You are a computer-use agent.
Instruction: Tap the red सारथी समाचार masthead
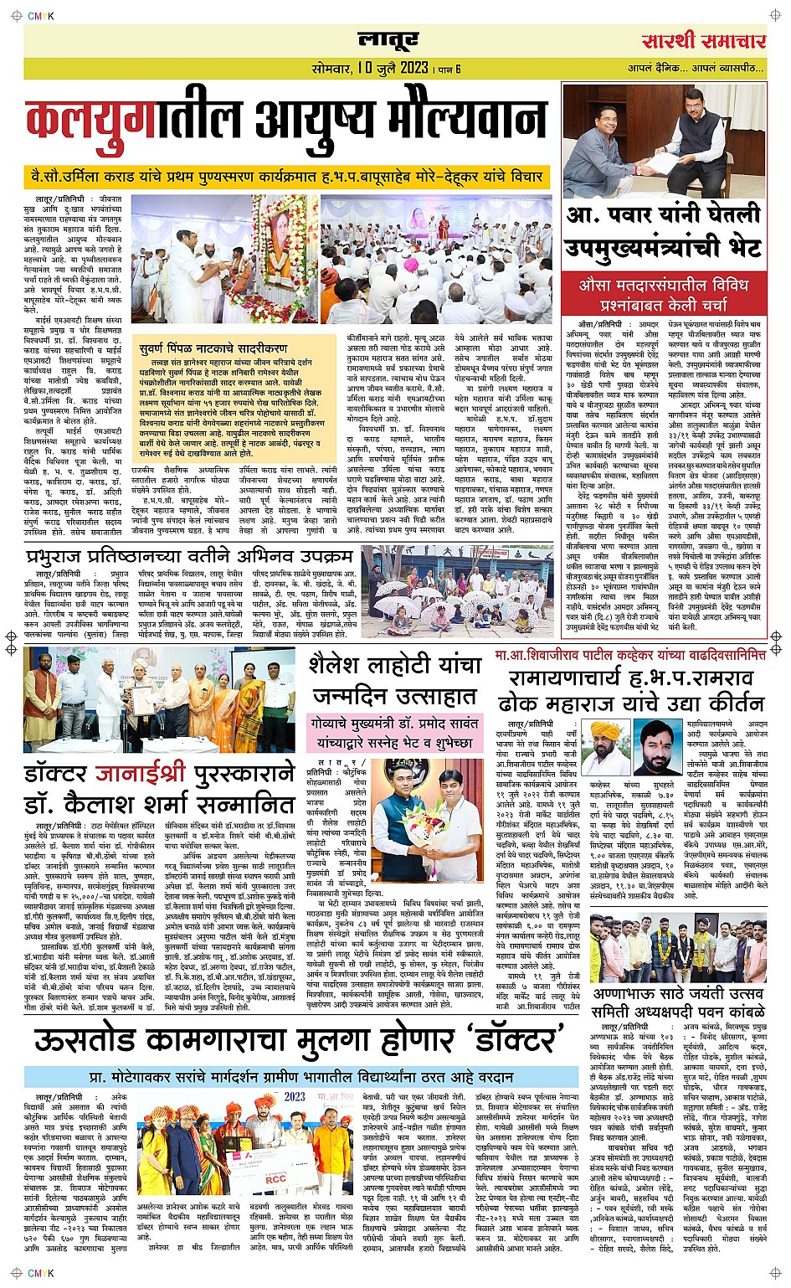704,41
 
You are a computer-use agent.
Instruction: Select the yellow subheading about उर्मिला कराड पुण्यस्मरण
284,178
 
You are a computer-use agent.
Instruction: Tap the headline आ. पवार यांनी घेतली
663,215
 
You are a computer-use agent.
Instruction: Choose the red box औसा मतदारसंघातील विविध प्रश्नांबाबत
663,294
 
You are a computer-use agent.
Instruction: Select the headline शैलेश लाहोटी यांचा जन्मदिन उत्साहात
394,680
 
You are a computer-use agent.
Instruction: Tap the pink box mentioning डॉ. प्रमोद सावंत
394,733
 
